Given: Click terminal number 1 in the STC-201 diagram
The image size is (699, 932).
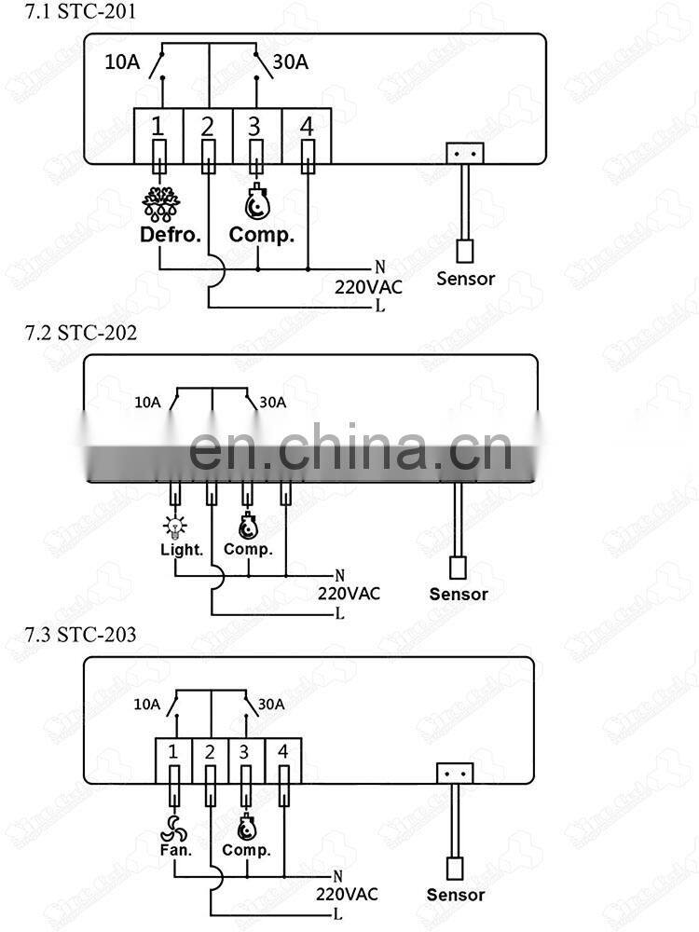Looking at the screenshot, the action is pos(158,125).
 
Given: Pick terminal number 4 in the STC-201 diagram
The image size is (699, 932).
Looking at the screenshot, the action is pos(307,125).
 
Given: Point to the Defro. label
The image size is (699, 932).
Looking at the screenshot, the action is pos(171,234).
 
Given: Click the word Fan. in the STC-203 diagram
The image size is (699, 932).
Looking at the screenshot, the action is pos(175,849).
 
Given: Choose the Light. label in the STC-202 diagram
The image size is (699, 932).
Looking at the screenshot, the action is pos(182,549).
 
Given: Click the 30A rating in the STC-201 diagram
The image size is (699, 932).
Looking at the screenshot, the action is pos(290,62).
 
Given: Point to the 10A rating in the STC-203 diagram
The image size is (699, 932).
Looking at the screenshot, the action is pos(147,705).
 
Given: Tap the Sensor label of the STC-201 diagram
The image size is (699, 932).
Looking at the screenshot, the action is pos(465,278).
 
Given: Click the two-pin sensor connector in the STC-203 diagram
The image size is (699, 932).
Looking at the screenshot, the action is pos(455,774).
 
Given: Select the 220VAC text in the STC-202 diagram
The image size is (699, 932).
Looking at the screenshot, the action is pos(349,592).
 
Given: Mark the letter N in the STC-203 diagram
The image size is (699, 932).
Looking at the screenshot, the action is pos(337,876).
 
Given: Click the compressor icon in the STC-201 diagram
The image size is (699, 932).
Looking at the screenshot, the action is pos(258,202).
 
